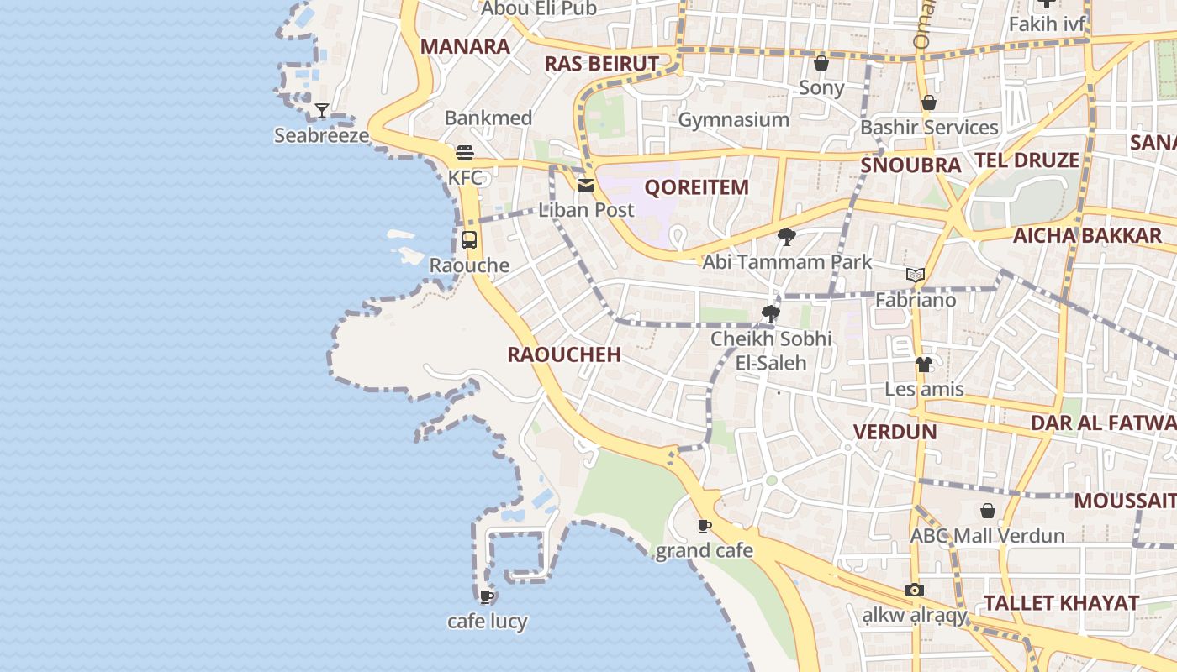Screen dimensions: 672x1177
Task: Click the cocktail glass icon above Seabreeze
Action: click(322, 111)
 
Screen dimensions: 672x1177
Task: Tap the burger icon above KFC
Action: click(465, 153)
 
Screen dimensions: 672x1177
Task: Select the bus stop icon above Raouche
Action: click(469, 240)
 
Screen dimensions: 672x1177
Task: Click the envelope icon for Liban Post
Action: click(586, 186)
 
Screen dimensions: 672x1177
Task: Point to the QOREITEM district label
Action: click(696, 187)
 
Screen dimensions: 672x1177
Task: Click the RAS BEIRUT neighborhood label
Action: click(601, 64)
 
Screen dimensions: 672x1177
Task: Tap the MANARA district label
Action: click(465, 46)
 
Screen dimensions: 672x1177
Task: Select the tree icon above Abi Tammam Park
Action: click(787, 237)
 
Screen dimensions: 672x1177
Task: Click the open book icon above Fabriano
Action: click(916, 275)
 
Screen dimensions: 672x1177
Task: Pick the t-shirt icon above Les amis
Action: click(924, 365)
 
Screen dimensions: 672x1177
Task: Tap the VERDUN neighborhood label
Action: click(895, 432)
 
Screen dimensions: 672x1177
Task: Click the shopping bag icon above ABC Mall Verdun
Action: click(988, 511)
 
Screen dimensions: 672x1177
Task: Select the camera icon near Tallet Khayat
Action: click(915, 591)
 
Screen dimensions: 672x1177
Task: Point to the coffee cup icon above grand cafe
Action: click(705, 527)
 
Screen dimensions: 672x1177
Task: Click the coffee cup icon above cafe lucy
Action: click(486, 597)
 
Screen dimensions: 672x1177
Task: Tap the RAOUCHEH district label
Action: click(564, 354)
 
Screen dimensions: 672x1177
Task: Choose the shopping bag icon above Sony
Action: click(821, 63)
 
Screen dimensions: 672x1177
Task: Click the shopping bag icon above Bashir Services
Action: click(929, 102)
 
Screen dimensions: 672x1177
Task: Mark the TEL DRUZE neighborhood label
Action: click(1027, 160)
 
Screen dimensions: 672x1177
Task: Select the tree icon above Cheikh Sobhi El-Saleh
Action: click(770, 314)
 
